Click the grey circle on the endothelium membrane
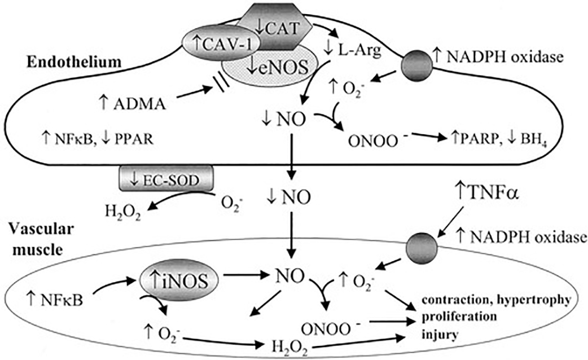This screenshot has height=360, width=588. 415,67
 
